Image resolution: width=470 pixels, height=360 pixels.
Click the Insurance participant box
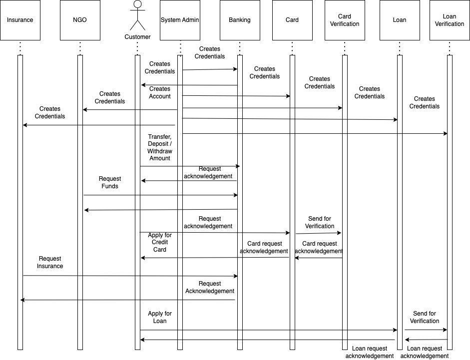[20, 20]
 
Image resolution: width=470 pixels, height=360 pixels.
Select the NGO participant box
[80, 20]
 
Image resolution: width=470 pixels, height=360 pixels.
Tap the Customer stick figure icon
[137, 15]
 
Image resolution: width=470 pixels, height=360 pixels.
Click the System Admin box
[180, 20]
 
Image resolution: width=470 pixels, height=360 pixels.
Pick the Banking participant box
[240, 20]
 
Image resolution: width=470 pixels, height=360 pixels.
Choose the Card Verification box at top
[345, 20]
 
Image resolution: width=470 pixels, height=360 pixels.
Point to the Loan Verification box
[450, 20]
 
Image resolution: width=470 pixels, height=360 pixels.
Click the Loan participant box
[400, 20]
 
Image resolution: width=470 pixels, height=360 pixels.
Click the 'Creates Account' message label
[160, 93]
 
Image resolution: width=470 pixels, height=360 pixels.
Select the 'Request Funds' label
[110, 182]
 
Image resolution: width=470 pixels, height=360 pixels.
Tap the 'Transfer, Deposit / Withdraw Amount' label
[160, 147]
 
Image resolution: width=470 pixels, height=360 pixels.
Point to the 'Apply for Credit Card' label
[160, 242]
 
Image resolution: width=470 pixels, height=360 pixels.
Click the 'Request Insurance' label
[50, 262]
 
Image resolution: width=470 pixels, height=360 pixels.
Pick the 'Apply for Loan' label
[160, 317]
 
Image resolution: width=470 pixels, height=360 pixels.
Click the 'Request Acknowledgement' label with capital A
[209, 287]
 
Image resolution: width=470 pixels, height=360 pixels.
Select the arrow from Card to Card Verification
[319, 233]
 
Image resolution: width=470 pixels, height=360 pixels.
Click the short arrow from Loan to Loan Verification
[426, 330]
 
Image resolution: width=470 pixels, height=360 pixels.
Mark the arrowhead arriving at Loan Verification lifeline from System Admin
[446, 133]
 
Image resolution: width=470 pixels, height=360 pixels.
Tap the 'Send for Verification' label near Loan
[425, 317]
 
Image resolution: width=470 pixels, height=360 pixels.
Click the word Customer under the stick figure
[137, 37]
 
